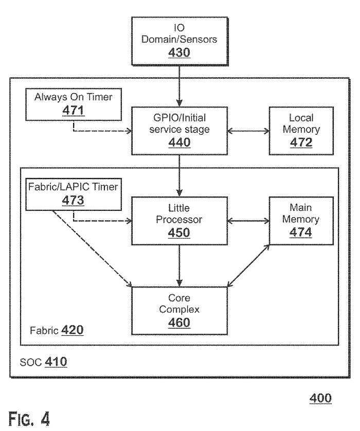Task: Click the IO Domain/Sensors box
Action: (x=179, y=41)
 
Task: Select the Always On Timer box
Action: (x=74, y=104)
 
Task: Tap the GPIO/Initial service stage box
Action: (x=179, y=131)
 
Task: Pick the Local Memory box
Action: (x=301, y=131)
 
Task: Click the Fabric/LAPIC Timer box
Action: (x=74, y=194)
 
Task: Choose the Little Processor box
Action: (x=179, y=221)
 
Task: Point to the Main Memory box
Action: (x=301, y=221)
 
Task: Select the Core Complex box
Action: (x=179, y=311)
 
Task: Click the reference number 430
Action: (x=179, y=52)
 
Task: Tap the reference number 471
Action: (x=73, y=111)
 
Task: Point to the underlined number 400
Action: (x=320, y=398)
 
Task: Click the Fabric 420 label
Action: (x=57, y=330)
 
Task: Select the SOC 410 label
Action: (x=43, y=362)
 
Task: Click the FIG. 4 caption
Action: (x=29, y=418)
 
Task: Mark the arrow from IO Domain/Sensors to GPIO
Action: (x=179, y=86)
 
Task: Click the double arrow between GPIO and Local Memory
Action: (x=248, y=131)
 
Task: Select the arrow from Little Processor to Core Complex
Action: (x=179, y=266)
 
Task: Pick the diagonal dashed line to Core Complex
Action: (x=92, y=249)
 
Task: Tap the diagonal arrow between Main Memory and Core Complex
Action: (x=248, y=265)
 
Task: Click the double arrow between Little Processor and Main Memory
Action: (x=248, y=221)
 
